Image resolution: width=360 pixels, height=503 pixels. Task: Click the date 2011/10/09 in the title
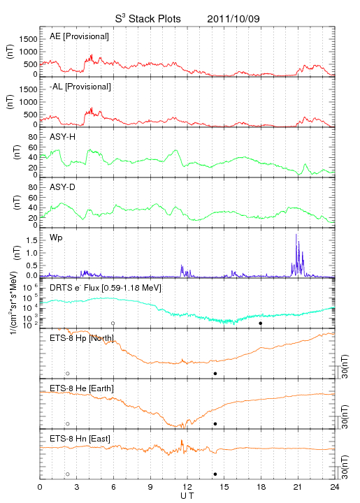click(233, 19)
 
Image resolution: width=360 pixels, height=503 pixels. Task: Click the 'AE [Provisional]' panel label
click(79, 36)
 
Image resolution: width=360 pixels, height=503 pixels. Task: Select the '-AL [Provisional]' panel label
click(80, 87)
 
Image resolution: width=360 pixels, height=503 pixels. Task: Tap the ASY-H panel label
click(63, 137)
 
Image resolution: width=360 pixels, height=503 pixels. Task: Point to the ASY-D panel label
click(63, 187)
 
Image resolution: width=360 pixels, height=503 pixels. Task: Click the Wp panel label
click(56, 238)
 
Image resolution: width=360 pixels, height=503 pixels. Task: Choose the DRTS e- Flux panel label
click(106, 288)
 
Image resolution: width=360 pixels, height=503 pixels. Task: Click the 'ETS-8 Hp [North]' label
click(82, 338)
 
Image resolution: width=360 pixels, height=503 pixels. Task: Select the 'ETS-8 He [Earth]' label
click(82, 388)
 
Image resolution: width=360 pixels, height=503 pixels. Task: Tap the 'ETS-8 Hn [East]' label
click(80, 439)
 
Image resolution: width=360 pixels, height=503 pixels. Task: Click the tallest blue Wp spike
click(296, 235)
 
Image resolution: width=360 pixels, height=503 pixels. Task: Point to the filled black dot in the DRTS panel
click(261, 323)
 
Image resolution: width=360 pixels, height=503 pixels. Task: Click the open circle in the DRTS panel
click(113, 323)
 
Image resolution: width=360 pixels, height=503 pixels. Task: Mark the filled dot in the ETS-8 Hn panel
click(215, 474)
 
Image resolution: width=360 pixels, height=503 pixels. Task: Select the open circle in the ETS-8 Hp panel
click(68, 374)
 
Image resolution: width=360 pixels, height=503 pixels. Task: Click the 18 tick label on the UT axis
click(261, 487)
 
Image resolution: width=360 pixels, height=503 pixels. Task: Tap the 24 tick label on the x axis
click(335, 487)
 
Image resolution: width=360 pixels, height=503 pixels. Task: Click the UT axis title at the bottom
click(187, 496)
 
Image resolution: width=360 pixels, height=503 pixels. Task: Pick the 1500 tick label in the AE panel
click(28, 39)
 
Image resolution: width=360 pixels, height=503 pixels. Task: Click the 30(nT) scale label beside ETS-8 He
click(345, 416)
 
